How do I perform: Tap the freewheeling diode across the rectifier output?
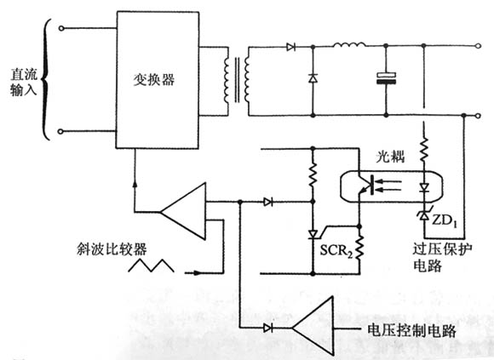(312, 78)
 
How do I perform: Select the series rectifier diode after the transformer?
(291, 46)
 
